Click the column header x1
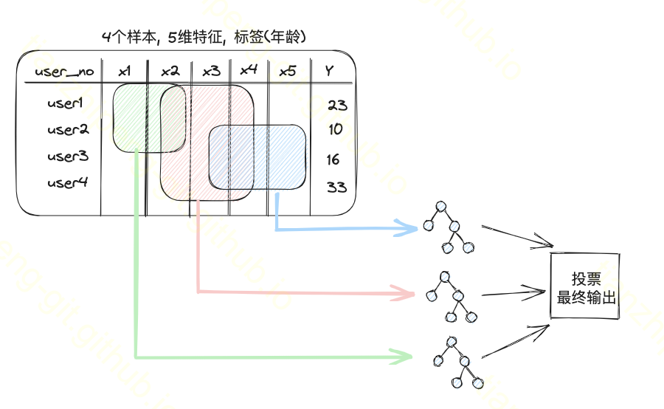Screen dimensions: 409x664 click(x=125, y=71)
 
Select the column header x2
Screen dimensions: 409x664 click(x=170, y=71)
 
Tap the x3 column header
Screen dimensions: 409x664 click(x=211, y=71)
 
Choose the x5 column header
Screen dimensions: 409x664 click(x=288, y=71)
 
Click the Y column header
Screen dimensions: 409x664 click(x=329, y=71)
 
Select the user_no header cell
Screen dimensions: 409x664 click(x=64, y=72)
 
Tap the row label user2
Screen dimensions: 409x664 click(x=68, y=130)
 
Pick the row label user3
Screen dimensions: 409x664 click(x=68, y=157)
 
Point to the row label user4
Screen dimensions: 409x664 click(x=68, y=182)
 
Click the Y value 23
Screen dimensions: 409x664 click(x=337, y=105)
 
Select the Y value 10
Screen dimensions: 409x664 click(x=336, y=130)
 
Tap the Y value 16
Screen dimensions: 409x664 click(x=333, y=159)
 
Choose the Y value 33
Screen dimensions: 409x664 click(x=336, y=187)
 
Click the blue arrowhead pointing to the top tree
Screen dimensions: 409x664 click(x=408, y=227)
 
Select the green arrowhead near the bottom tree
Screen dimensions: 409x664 click(x=403, y=357)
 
